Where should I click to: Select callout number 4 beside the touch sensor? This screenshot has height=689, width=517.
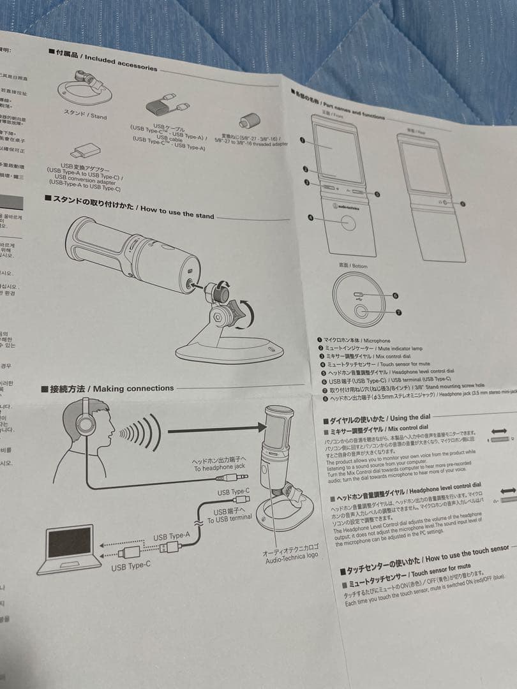pos(311,218)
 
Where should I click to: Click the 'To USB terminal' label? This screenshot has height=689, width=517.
pos(229,516)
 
